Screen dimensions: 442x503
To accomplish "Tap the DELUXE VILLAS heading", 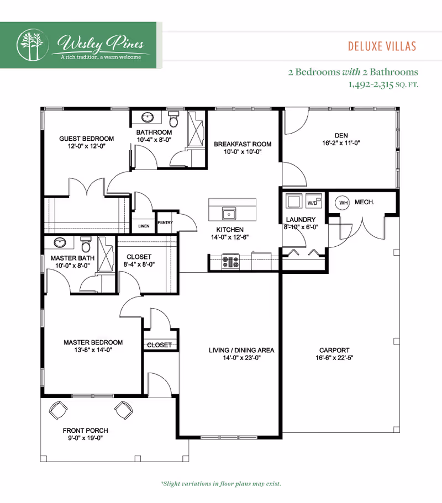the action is [x=382, y=46].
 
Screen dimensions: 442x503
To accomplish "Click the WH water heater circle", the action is [x=343, y=203].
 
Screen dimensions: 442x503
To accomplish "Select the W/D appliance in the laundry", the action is [x=313, y=201].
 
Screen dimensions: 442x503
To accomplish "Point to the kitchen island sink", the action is [x=229, y=213].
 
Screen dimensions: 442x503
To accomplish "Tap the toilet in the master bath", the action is [x=86, y=245].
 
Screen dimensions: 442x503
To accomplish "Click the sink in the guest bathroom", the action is [x=148, y=117].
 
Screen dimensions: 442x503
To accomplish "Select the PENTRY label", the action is [x=165, y=223].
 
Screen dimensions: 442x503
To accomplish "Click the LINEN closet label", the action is [x=144, y=226].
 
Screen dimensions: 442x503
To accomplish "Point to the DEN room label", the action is [x=341, y=136].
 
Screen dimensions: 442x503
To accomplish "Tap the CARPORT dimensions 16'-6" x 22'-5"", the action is [x=334, y=358].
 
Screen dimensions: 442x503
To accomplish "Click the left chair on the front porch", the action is [x=58, y=410].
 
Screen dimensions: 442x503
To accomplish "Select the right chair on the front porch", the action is [x=124, y=410].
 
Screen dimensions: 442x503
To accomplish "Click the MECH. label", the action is [x=364, y=202].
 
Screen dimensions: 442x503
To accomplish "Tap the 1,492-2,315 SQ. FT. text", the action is [x=383, y=84].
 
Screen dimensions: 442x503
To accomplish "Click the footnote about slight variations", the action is [x=221, y=484].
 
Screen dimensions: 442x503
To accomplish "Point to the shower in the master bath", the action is [x=106, y=255].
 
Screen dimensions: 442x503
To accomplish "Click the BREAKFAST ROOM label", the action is [x=243, y=144].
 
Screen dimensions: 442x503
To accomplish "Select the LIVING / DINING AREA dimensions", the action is [x=241, y=358].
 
